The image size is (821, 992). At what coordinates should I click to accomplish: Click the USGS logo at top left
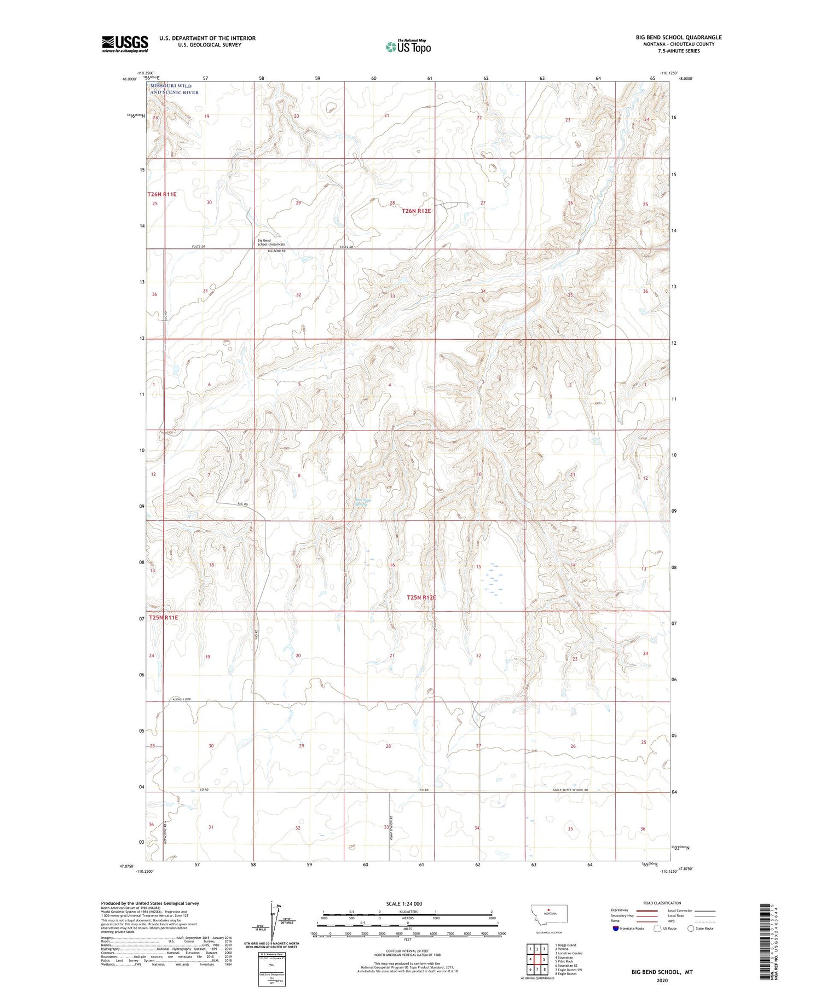pyautogui.click(x=125, y=44)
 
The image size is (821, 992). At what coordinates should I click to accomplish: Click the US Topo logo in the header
pyautogui.click(x=408, y=47)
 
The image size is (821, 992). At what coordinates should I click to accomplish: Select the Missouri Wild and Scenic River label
pyautogui.click(x=174, y=89)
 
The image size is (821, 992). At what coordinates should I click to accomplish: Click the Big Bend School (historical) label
pyautogui.click(x=270, y=242)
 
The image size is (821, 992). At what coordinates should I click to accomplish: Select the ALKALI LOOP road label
pyautogui.click(x=181, y=699)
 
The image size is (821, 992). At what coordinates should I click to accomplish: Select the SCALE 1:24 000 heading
pyautogui.click(x=404, y=904)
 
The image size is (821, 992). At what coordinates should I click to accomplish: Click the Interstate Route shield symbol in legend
pyautogui.click(x=616, y=929)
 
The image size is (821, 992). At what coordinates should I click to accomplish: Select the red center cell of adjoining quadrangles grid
pyautogui.click(x=544, y=959)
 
